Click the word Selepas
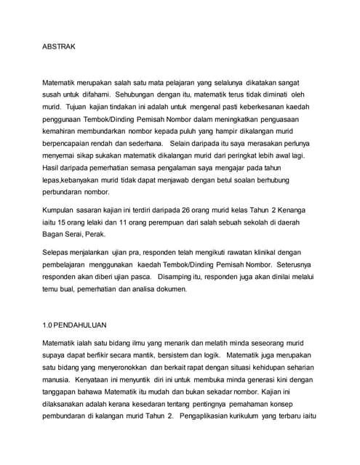pos(56,254)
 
